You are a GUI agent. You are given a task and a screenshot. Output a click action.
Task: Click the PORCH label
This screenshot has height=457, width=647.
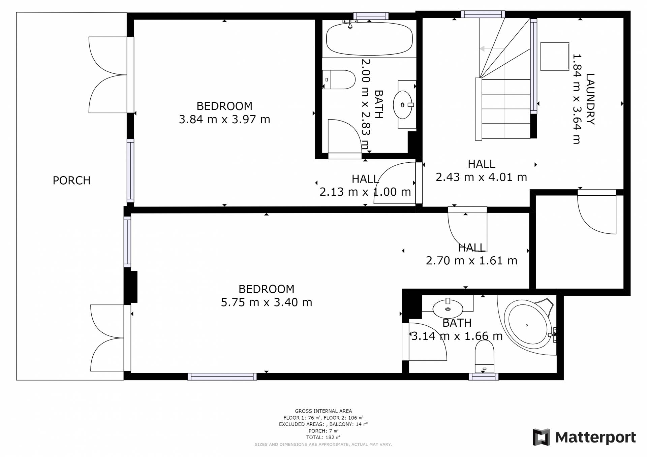(71, 181)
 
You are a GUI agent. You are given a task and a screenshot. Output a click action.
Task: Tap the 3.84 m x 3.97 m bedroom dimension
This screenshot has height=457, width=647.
(224, 119)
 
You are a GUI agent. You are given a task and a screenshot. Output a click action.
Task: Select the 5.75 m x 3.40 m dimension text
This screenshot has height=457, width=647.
(266, 302)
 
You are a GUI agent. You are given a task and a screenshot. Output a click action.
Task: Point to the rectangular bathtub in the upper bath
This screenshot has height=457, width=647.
(369, 39)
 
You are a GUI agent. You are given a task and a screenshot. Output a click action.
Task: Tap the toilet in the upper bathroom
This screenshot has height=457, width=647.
(339, 79)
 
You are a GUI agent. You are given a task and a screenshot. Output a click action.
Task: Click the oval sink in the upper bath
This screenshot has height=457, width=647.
(403, 105)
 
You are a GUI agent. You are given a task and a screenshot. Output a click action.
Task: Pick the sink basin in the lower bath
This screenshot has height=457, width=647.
(448, 308)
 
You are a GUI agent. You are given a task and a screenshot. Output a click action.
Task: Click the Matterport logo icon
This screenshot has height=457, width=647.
(541, 437)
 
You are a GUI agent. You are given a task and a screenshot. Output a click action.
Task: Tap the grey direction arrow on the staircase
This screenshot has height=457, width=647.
(492, 49)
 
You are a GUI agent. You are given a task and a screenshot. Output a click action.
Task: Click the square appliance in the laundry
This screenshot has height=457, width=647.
(555, 57)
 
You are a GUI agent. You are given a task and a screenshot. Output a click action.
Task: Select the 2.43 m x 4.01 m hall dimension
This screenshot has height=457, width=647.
(481, 177)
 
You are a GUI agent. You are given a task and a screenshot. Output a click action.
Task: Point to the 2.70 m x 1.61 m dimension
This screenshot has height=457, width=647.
(471, 261)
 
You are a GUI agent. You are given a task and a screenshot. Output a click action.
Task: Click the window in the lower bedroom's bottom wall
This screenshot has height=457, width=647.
(222, 377)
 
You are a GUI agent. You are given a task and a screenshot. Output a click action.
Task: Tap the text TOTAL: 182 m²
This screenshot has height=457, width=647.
(323, 437)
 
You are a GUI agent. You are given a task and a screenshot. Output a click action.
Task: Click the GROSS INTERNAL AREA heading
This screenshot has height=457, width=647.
(323, 411)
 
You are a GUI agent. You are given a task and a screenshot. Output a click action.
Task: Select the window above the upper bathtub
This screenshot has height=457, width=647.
(371, 16)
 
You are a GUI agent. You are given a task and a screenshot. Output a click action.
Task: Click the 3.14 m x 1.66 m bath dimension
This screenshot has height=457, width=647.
(457, 336)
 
